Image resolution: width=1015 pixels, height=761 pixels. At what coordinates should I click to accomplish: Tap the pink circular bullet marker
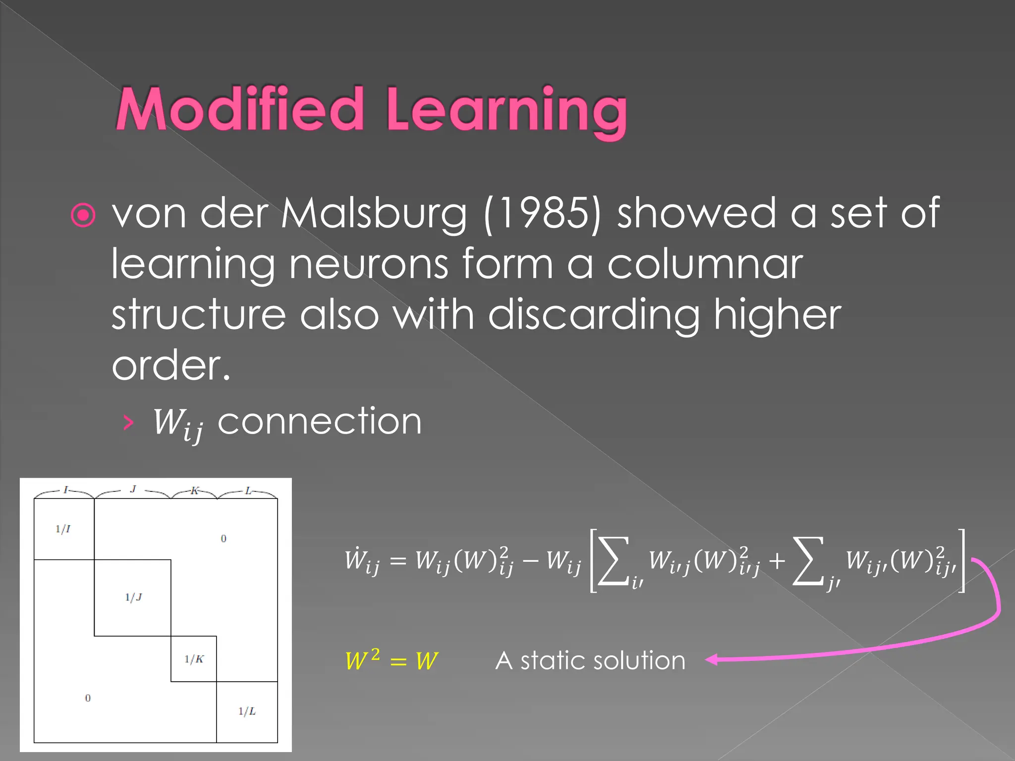(x=83, y=215)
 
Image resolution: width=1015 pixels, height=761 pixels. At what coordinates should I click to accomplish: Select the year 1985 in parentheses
(x=542, y=214)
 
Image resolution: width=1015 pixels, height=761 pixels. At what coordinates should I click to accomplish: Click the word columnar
(x=704, y=265)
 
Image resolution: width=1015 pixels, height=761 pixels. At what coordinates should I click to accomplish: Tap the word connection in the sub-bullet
(x=320, y=422)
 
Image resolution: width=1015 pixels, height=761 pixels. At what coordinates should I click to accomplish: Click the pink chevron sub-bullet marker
(x=128, y=423)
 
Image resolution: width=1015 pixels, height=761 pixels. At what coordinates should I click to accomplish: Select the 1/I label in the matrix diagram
(x=63, y=529)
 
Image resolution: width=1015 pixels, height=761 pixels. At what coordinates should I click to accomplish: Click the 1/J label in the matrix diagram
(x=133, y=598)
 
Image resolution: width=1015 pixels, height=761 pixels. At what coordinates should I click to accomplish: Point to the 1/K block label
(x=194, y=659)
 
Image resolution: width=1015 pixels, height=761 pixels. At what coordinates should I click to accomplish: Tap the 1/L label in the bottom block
(x=247, y=712)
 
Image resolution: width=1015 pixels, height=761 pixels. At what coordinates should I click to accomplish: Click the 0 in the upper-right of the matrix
(x=224, y=539)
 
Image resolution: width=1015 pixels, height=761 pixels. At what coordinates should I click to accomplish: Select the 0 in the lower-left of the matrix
(x=88, y=698)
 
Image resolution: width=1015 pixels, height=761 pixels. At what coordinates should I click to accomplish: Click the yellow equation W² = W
(x=392, y=660)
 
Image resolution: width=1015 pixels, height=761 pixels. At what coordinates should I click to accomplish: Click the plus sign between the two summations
(x=777, y=561)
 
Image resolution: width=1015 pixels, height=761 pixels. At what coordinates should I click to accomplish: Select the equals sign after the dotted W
(x=398, y=561)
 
